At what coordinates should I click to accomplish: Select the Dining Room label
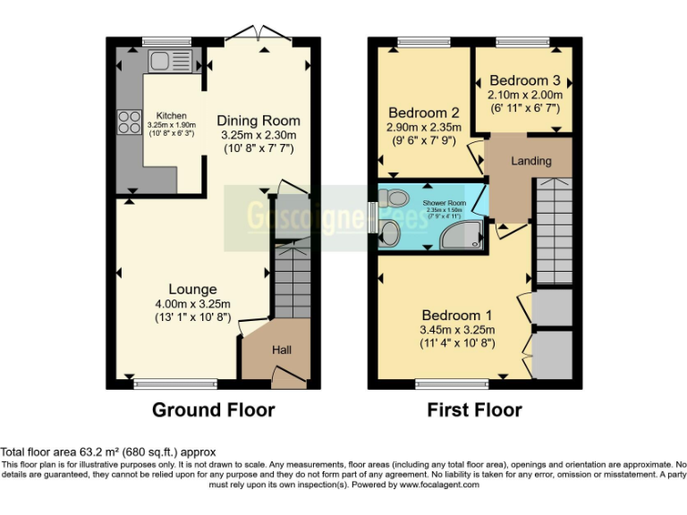coord(259,121)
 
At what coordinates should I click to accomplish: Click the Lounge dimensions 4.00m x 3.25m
coord(192,303)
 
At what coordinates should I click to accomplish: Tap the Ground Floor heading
coord(213,410)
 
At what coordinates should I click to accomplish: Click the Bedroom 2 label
coord(423,114)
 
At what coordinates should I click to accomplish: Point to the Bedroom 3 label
coord(525,79)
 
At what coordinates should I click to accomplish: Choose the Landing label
coord(530,161)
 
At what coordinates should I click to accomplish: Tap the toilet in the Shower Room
coord(390,201)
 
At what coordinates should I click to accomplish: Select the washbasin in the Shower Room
coord(390,235)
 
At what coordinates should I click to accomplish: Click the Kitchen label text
coord(172,116)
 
